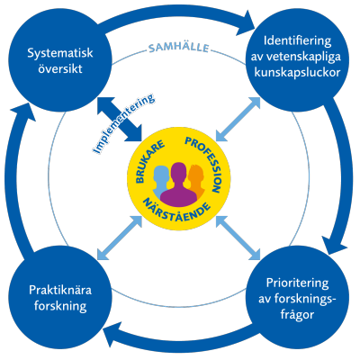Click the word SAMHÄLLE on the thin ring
click(x=178, y=48)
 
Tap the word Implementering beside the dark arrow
click(x=123, y=124)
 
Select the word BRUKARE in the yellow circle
click(x=150, y=161)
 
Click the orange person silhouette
click(x=196, y=181)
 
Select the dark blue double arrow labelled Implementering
click(x=120, y=119)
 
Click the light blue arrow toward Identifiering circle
click(x=238, y=119)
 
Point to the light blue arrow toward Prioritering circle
click(x=238, y=237)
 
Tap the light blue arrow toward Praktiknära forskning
click(x=120, y=237)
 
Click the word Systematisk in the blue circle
click(x=60, y=53)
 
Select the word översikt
click(x=60, y=69)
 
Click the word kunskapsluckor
click(x=297, y=73)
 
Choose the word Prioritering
click(x=297, y=283)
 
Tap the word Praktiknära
click(x=60, y=290)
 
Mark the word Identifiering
click(x=297, y=40)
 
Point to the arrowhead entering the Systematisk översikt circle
click(x=24, y=112)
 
